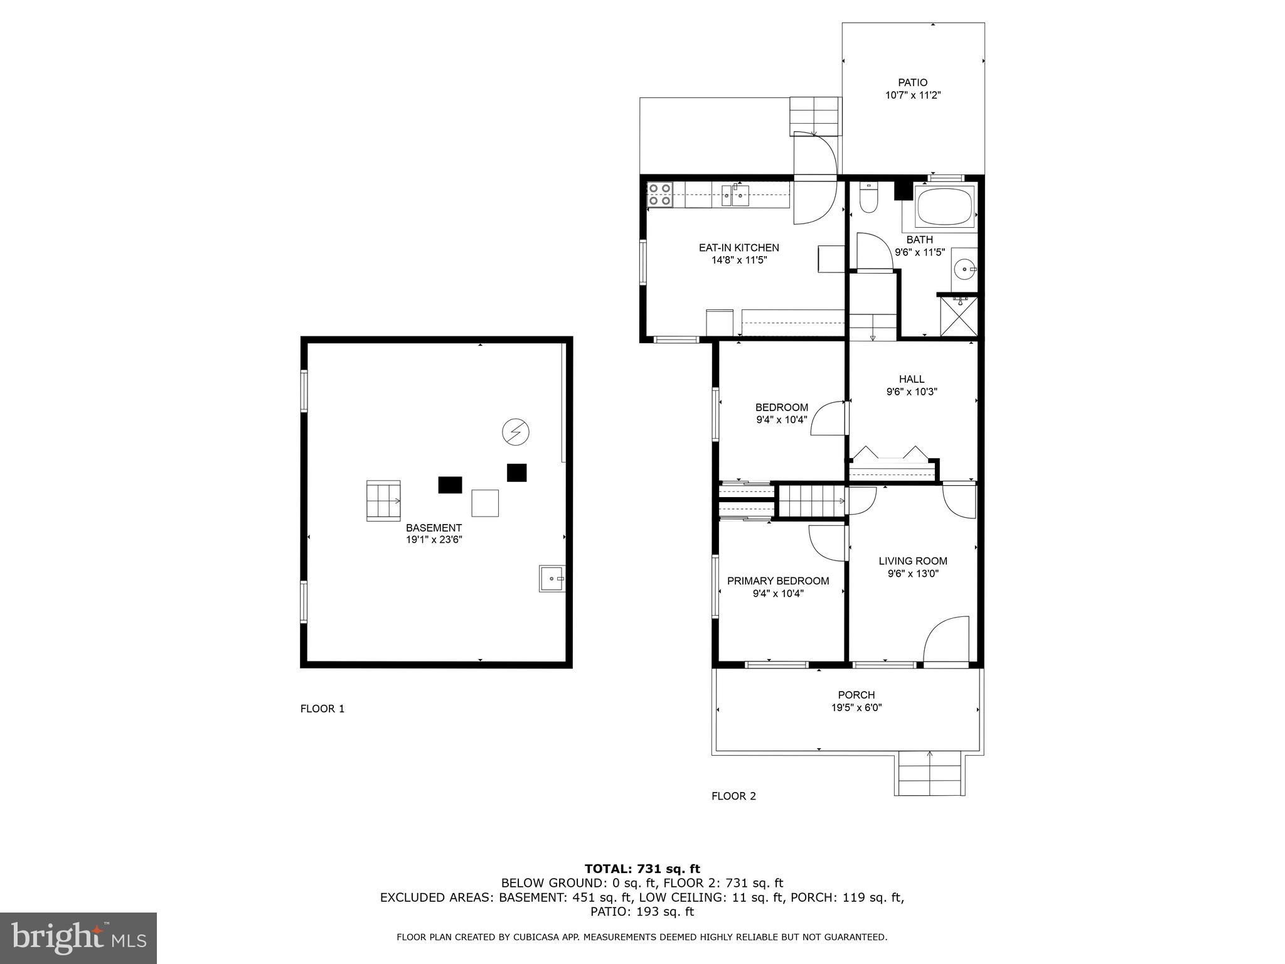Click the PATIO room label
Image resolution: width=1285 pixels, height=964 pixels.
coord(912,82)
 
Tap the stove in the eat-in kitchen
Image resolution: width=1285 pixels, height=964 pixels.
coord(659,195)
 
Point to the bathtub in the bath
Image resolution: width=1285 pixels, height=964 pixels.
coord(944,208)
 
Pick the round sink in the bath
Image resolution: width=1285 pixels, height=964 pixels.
coord(964,270)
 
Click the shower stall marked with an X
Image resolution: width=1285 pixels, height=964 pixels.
coord(959,317)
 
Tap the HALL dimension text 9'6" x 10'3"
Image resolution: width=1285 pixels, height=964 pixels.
coord(912,392)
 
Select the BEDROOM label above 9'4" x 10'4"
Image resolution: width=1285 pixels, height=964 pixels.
coord(781,407)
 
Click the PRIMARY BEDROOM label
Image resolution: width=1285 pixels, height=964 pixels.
coord(778,581)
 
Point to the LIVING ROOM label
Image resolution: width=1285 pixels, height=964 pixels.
coord(913,561)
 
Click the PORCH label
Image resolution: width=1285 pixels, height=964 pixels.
coord(856,695)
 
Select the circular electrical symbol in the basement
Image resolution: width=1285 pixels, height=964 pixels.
coord(516,432)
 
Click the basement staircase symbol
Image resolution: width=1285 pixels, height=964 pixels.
coord(383,500)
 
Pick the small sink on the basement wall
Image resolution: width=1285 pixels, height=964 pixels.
coord(552,578)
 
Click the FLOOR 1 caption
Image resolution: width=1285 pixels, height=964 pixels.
coord(323,709)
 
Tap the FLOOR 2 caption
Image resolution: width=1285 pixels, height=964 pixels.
coord(733,796)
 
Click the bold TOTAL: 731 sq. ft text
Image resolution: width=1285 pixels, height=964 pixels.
coord(642,869)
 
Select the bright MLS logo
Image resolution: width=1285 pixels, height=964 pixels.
coord(78,938)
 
